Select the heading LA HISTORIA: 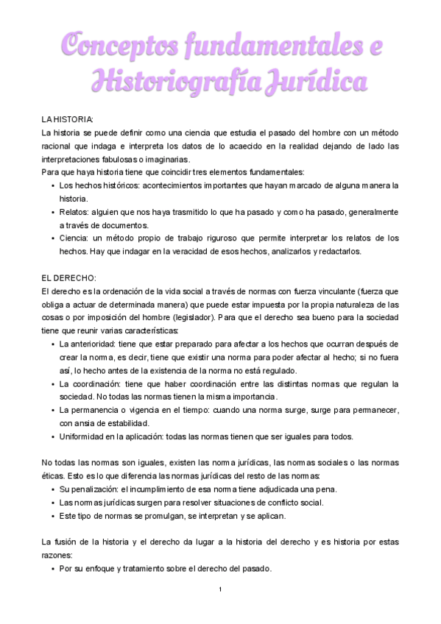coord(68,119)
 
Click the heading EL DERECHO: coord(69,278)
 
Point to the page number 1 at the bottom coord(220,590)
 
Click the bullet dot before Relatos coord(52,212)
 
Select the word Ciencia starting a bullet coord(76,238)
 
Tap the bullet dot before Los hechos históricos coord(52,185)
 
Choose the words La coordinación coord(90,384)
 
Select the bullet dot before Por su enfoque coord(52,569)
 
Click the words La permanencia coord(91,410)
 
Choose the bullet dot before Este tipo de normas coord(52,516)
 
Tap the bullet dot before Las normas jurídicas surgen coord(52,503)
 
